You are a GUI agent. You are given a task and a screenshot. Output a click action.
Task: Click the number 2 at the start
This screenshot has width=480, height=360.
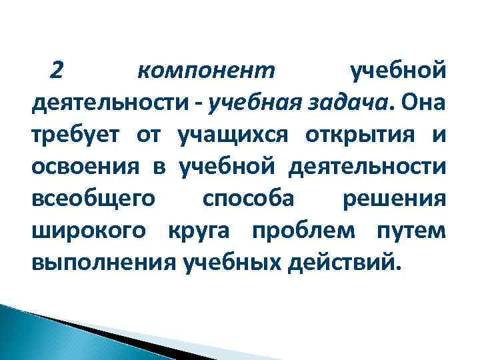[57, 69]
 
